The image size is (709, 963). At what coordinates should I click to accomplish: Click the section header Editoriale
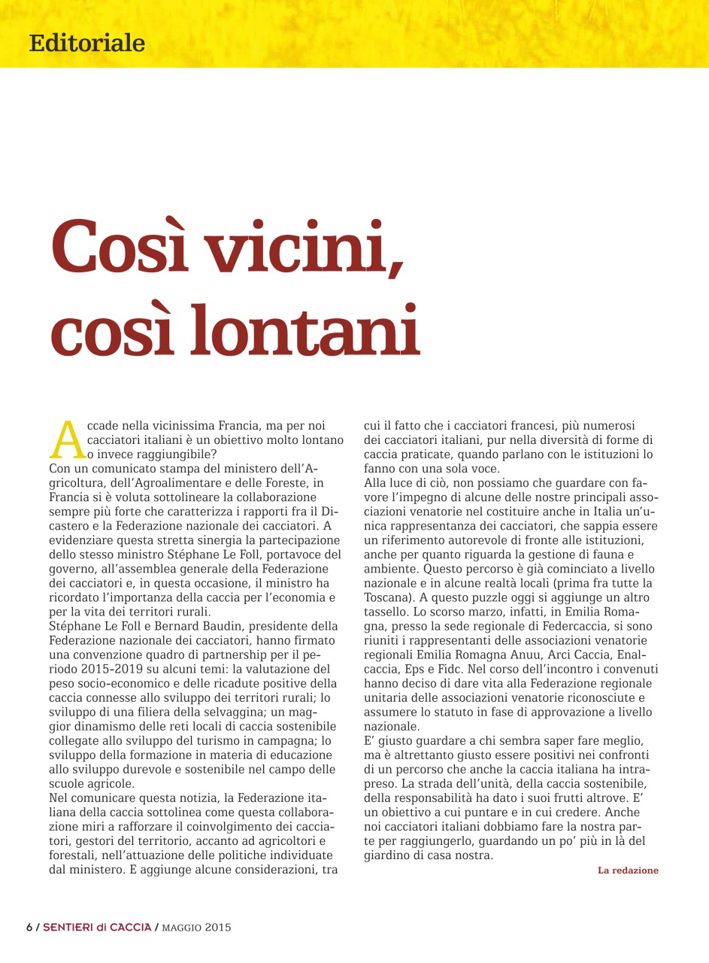click(x=87, y=43)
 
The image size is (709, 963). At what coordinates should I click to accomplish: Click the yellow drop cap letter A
click(x=67, y=439)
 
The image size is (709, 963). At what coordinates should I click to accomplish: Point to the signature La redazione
click(x=628, y=870)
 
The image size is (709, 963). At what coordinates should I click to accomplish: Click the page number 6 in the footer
click(x=29, y=927)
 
